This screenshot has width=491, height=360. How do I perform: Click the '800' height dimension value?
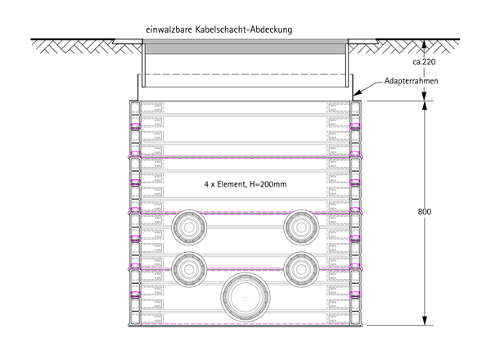tap(425, 212)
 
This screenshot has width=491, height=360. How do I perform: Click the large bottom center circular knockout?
tap(245, 299)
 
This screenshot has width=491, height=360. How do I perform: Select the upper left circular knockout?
tap(191, 227)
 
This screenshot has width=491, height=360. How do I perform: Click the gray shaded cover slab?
tap(245, 49)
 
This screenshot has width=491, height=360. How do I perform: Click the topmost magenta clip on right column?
tap(356, 128)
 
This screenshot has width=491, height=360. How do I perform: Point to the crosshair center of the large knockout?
tap(245, 299)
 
